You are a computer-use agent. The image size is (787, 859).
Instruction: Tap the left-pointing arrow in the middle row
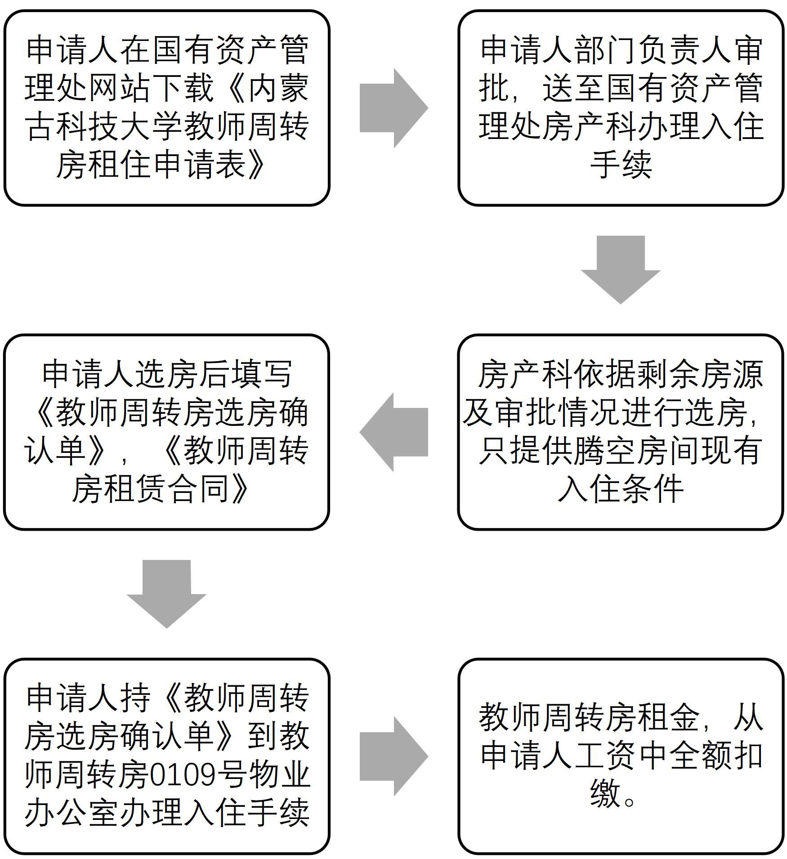pyautogui.click(x=393, y=432)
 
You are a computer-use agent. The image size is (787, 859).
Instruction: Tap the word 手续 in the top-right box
pyautogui.click(x=621, y=165)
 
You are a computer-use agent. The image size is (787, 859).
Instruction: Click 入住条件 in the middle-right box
pyautogui.click(x=621, y=489)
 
